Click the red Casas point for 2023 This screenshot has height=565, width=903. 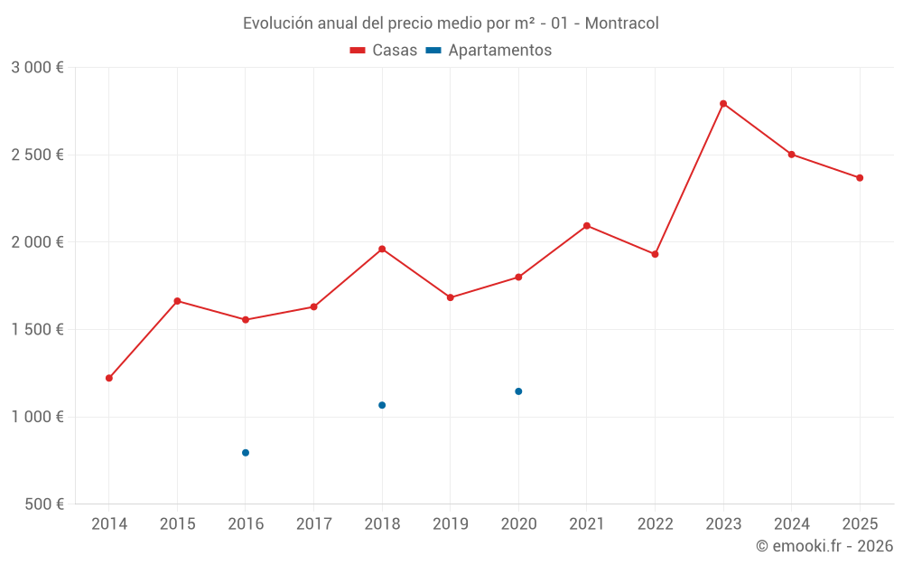click(723, 104)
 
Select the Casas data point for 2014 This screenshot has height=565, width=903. click(109, 378)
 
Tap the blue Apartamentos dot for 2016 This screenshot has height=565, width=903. click(246, 453)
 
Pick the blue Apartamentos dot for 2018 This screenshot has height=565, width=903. click(382, 405)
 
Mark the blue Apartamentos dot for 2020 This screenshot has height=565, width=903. click(518, 391)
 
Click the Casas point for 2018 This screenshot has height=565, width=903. click(382, 249)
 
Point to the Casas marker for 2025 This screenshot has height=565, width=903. click(860, 178)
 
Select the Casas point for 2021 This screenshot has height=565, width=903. click(587, 226)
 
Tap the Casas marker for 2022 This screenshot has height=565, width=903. click(655, 254)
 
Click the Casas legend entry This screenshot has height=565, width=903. click(384, 51)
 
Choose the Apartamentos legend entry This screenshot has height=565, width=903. click(489, 51)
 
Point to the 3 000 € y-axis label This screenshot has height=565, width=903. click(37, 68)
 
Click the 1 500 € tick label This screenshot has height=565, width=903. click(37, 330)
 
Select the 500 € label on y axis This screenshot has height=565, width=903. click(42, 504)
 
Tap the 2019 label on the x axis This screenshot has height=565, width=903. click(450, 524)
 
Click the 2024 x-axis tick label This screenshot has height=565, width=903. click(791, 524)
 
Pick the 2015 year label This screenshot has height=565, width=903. click(177, 524)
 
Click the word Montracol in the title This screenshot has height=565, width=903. click(621, 24)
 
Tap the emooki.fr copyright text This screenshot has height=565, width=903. click(824, 546)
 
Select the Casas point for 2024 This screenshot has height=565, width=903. click(791, 155)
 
